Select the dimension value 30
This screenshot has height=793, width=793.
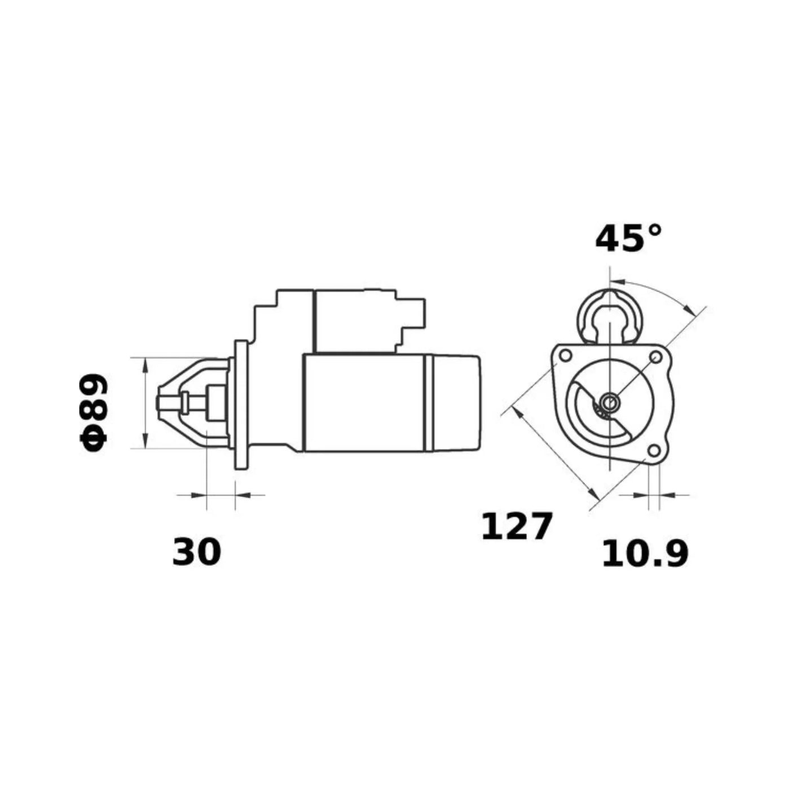point(196,552)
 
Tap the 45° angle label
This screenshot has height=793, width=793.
point(628,239)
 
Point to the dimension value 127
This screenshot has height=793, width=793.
point(516,527)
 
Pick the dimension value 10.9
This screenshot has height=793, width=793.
point(645,554)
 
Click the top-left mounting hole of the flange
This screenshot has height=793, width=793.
point(566,355)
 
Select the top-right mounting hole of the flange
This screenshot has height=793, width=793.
point(655,358)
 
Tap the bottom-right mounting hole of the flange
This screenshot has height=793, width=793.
point(653,451)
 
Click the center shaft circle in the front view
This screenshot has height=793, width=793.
point(610,402)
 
